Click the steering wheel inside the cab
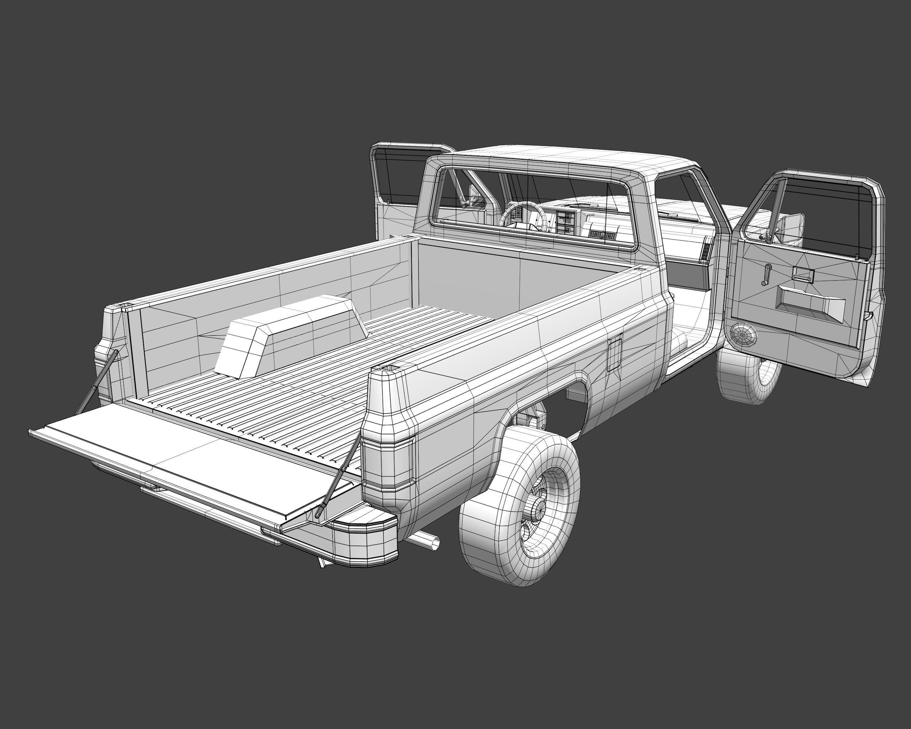[x=522, y=215]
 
